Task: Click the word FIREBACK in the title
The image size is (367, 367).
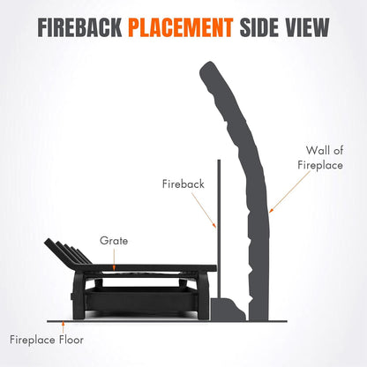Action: click(79, 27)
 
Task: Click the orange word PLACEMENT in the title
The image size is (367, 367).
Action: click(181, 27)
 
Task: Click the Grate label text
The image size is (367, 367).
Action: click(114, 241)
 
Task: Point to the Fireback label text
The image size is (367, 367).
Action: click(183, 183)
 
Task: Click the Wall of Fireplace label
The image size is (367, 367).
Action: click(320, 158)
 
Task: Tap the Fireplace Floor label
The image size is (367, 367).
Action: click(47, 340)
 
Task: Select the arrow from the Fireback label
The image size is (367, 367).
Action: click(204, 210)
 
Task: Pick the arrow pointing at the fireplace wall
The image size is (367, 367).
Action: click(289, 191)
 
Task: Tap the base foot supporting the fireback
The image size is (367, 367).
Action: click(228, 310)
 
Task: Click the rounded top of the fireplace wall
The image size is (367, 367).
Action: click(209, 68)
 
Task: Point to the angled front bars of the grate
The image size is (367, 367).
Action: click(68, 251)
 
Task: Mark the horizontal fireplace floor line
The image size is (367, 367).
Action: click(167, 321)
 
